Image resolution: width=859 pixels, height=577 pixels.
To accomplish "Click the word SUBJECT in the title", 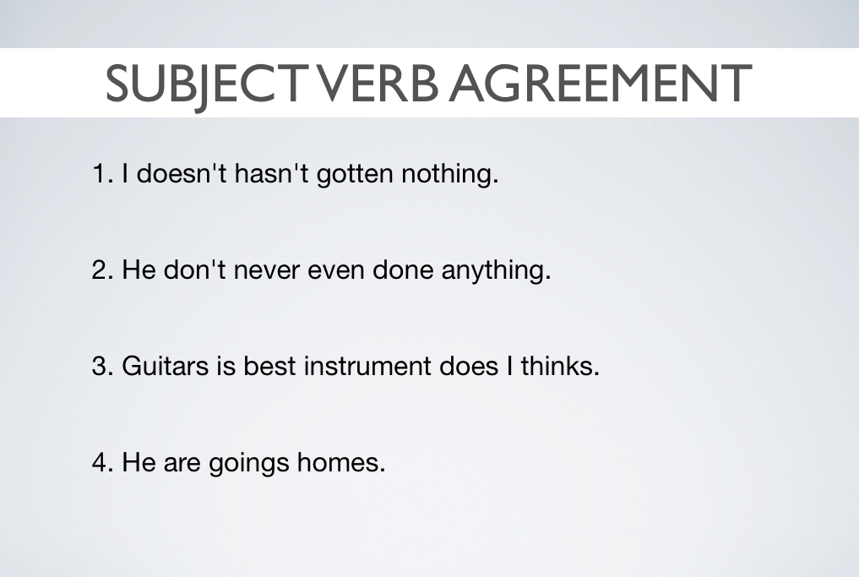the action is [x=204, y=84].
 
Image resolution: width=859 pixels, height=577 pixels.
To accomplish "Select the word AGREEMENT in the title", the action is [x=601, y=83].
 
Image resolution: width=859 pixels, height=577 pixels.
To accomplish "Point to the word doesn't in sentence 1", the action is [x=182, y=173].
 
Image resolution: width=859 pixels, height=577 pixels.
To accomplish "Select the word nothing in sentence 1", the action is [x=449, y=174].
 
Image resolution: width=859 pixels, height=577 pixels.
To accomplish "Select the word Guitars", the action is [x=165, y=366].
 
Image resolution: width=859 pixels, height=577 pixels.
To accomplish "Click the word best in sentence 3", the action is [x=269, y=366].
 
